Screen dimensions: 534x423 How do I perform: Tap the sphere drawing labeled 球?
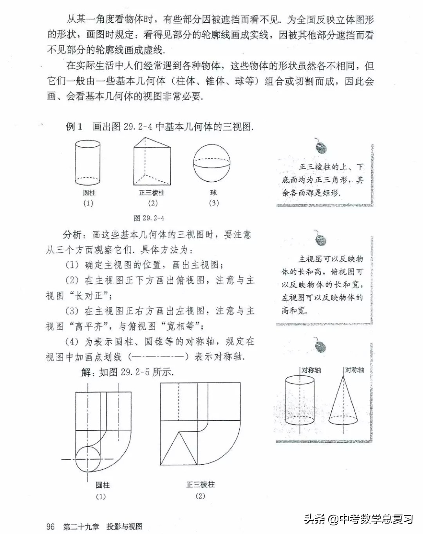(x=213, y=164)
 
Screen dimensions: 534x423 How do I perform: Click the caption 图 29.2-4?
(x=149, y=218)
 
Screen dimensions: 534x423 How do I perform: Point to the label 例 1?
(x=74, y=126)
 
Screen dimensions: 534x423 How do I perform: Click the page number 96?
(x=51, y=527)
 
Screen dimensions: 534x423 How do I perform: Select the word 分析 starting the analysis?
(x=72, y=235)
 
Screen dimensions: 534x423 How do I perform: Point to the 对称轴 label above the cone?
(x=354, y=370)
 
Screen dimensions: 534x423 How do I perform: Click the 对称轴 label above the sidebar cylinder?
(x=311, y=370)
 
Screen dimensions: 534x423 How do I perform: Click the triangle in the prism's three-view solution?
(x=179, y=449)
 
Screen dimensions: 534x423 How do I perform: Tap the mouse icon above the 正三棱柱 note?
(x=321, y=147)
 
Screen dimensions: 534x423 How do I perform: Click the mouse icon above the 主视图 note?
(x=321, y=238)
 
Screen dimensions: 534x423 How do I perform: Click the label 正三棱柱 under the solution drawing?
(x=200, y=485)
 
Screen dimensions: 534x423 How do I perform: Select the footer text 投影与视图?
(x=124, y=527)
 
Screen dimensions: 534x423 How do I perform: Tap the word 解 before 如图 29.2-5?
(x=86, y=372)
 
